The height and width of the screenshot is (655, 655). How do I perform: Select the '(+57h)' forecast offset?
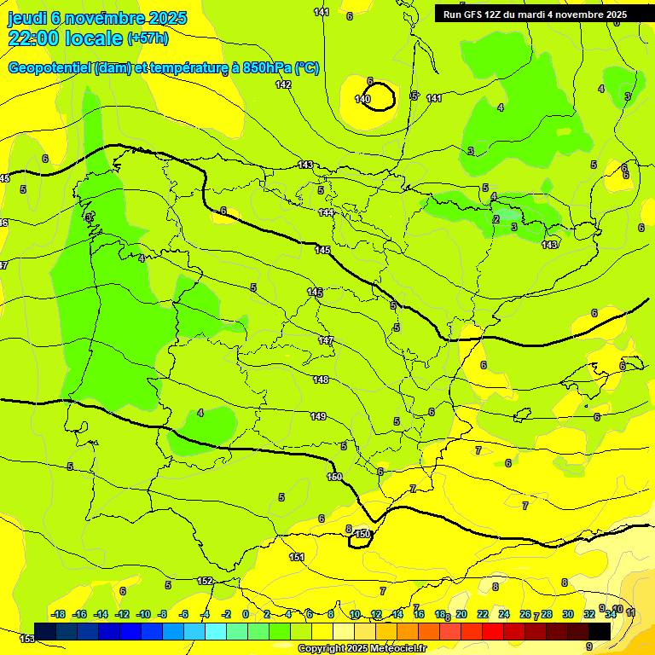pos(148,38)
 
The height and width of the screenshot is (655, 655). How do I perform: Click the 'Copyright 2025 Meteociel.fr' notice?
pos(362,648)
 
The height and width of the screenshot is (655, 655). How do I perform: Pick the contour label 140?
pos(362,100)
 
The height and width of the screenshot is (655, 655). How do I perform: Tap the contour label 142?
pos(283,84)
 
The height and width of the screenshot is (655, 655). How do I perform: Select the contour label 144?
pos(326,212)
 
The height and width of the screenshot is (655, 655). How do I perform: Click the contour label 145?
pos(322,249)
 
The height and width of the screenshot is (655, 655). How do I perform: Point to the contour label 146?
pos(315,293)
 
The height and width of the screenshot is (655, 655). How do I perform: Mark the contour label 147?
pos(326,340)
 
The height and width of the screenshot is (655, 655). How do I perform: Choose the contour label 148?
pos(320,380)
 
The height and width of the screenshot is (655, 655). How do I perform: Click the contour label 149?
pos(317,416)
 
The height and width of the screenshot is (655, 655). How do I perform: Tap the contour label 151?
pos(297,557)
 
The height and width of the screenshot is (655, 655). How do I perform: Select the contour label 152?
pos(205,581)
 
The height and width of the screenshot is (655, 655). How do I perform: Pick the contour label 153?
pos(27,638)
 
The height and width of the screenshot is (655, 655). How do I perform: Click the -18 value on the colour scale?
pos(58,614)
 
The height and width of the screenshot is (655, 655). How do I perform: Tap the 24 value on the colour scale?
pos(503,614)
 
